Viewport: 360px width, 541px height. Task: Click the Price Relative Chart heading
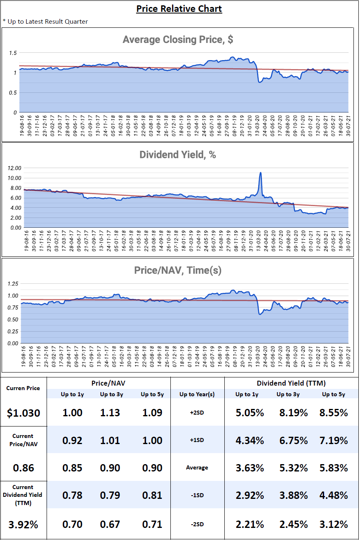(179, 9)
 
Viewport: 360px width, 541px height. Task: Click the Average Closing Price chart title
(178, 39)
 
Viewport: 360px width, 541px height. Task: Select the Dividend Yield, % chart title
(178, 155)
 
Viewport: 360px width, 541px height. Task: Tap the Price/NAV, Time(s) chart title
(178, 270)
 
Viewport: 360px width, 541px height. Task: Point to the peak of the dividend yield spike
(260, 173)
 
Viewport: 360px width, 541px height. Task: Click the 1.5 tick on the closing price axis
(13, 53)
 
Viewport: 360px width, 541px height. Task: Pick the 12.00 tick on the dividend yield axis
(14, 168)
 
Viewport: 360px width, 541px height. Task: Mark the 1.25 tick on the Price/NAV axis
(13, 284)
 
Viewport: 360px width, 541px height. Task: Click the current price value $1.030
(23, 413)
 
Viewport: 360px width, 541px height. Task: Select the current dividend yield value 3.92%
(23, 525)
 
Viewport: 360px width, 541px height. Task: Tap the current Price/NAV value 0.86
(23, 468)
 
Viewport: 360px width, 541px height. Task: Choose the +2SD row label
(197, 413)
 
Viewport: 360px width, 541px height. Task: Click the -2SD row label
(197, 524)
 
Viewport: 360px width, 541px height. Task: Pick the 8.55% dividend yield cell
(334, 413)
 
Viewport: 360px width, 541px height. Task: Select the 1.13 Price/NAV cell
(110, 413)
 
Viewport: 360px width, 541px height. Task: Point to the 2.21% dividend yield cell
(250, 525)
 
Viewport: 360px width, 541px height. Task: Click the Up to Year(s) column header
(197, 394)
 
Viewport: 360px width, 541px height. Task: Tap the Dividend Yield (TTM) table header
(291, 383)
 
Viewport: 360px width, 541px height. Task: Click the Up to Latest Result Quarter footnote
(45, 22)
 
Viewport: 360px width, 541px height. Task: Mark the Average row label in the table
(197, 467)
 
